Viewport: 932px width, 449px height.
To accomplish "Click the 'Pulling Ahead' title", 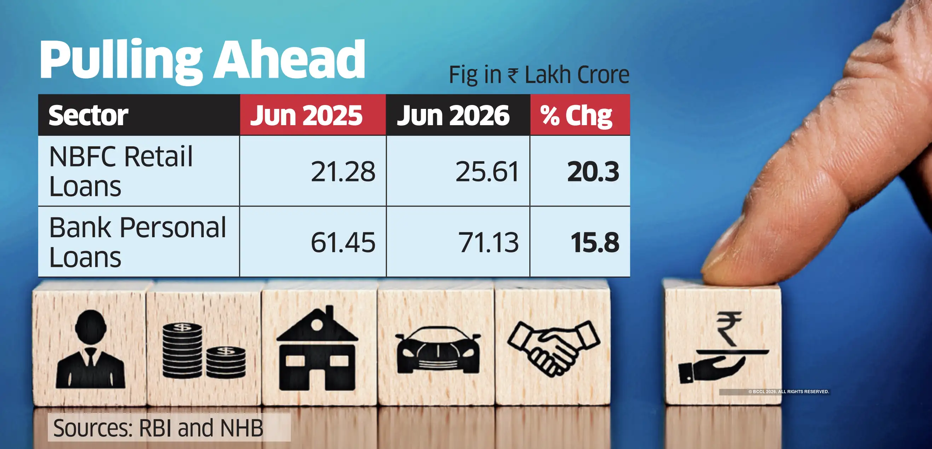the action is [202, 61].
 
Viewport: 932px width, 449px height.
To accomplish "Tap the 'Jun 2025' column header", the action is [306, 115].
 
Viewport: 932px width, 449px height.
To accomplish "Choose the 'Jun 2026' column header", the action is [453, 115].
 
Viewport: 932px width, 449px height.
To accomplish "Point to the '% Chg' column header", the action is [576, 116].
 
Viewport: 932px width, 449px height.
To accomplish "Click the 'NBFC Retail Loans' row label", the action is [121, 171].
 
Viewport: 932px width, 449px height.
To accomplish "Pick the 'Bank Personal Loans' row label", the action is [138, 242].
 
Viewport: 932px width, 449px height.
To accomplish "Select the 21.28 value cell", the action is [343, 171].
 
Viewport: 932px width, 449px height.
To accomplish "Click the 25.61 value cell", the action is [487, 171].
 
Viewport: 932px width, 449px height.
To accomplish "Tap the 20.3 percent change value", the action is [593, 171].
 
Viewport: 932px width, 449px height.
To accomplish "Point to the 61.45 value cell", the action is [343, 242].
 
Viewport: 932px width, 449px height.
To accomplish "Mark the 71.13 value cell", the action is [488, 242].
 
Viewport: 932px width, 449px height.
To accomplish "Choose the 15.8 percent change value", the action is [595, 242].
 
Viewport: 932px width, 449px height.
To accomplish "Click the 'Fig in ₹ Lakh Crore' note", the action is [539, 75].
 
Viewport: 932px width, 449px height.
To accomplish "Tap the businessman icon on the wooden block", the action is [91, 349].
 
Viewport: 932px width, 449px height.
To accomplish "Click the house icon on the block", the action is [317, 348].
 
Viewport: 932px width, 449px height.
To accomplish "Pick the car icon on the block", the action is [438, 350].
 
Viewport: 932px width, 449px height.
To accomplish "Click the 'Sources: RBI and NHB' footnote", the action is [158, 428].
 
